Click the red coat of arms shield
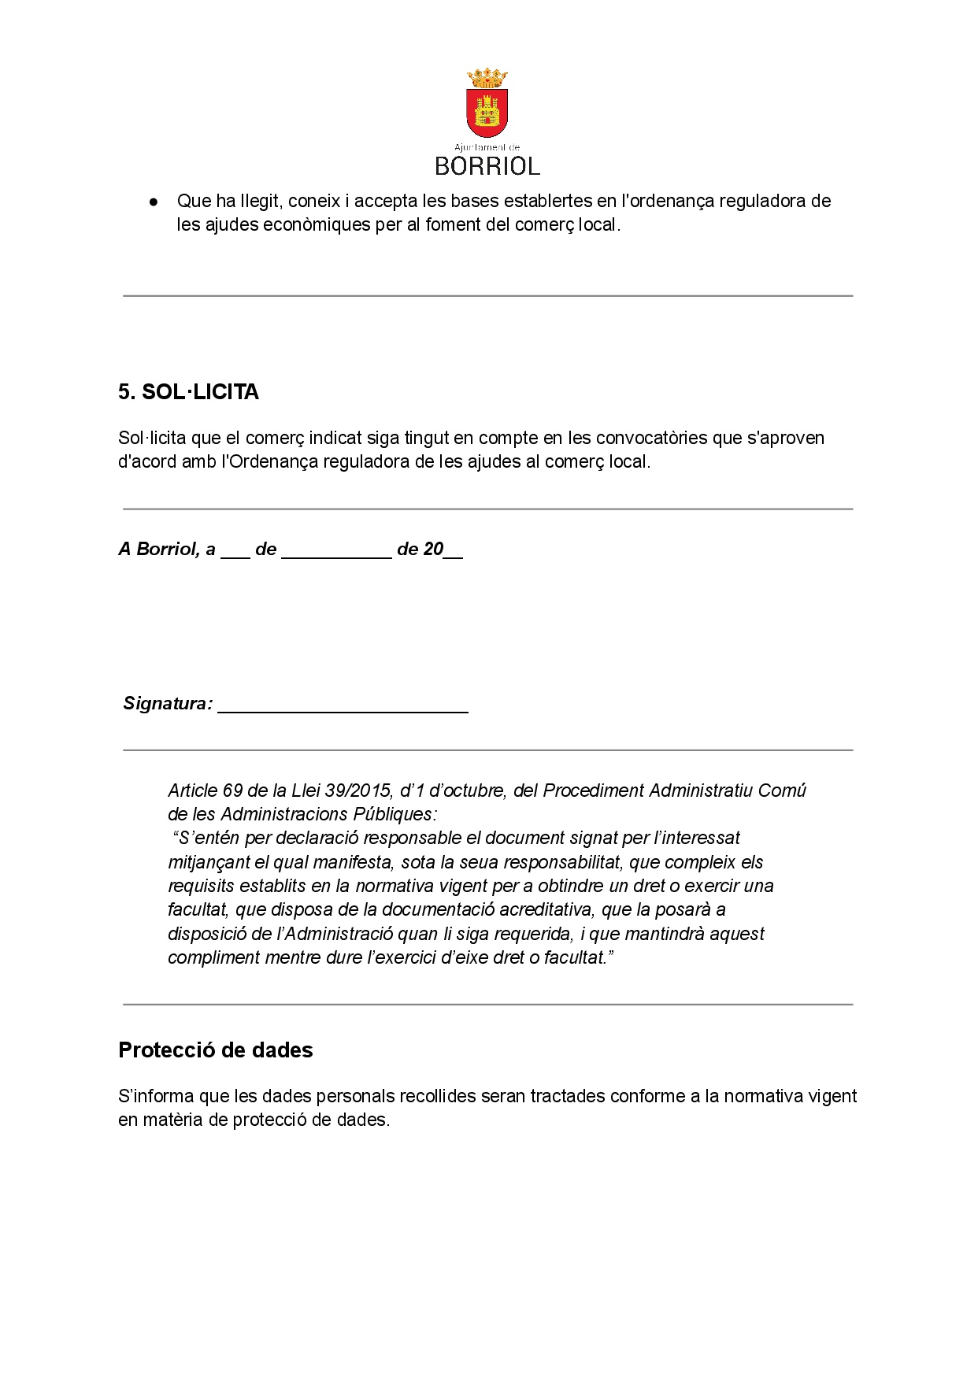tap(487, 113)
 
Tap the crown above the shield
tap(487, 79)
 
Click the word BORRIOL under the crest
tap(487, 166)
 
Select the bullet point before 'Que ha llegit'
tap(154, 202)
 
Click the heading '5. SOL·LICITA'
tap(188, 392)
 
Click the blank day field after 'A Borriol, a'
tap(235, 551)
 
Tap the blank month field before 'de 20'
tap(336, 551)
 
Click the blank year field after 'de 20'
tap(453, 551)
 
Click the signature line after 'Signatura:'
tap(343, 705)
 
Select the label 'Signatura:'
tap(168, 704)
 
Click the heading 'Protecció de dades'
tap(215, 1050)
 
